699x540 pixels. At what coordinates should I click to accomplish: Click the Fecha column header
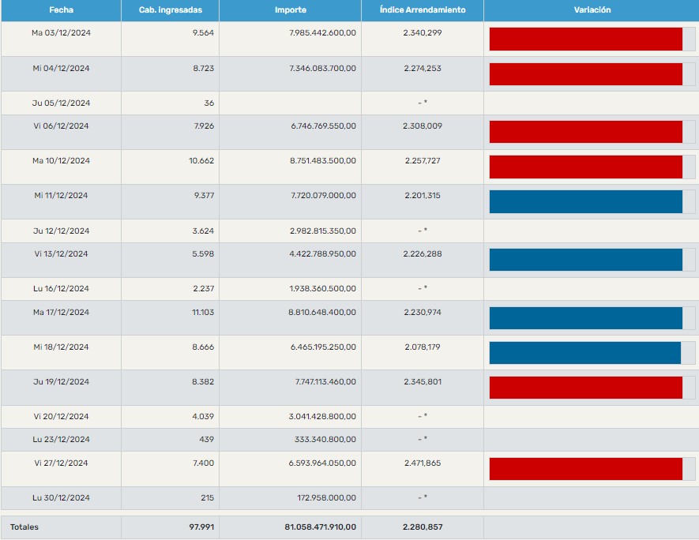[61, 10]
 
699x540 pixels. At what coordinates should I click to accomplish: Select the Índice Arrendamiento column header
[422, 10]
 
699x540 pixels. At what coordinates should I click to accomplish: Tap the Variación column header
[592, 10]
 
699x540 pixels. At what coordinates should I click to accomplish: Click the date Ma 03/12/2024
[61, 33]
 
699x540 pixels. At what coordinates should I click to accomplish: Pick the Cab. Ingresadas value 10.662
[201, 161]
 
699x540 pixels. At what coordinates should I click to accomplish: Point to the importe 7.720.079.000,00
[324, 196]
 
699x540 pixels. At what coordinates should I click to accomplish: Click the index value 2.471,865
[422, 463]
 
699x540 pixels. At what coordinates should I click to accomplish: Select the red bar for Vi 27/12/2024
[585, 469]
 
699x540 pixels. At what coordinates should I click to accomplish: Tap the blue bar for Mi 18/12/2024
[584, 353]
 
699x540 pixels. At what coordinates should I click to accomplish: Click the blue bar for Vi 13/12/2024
[585, 260]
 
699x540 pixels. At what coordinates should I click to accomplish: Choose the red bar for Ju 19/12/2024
[585, 388]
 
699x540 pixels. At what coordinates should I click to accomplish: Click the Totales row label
[24, 527]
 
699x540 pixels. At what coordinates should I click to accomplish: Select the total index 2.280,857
[422, 527]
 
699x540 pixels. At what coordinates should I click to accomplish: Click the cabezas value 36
[209, 103]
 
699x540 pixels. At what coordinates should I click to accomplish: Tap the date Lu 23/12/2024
[61, 440]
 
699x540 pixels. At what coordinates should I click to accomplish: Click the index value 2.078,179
[422, 347]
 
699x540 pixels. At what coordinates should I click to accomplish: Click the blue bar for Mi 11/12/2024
[585, 201]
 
